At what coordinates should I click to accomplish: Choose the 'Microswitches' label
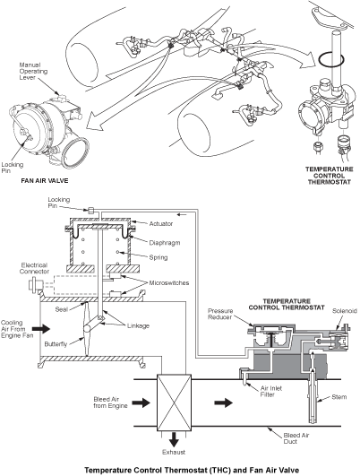(154, 283)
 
